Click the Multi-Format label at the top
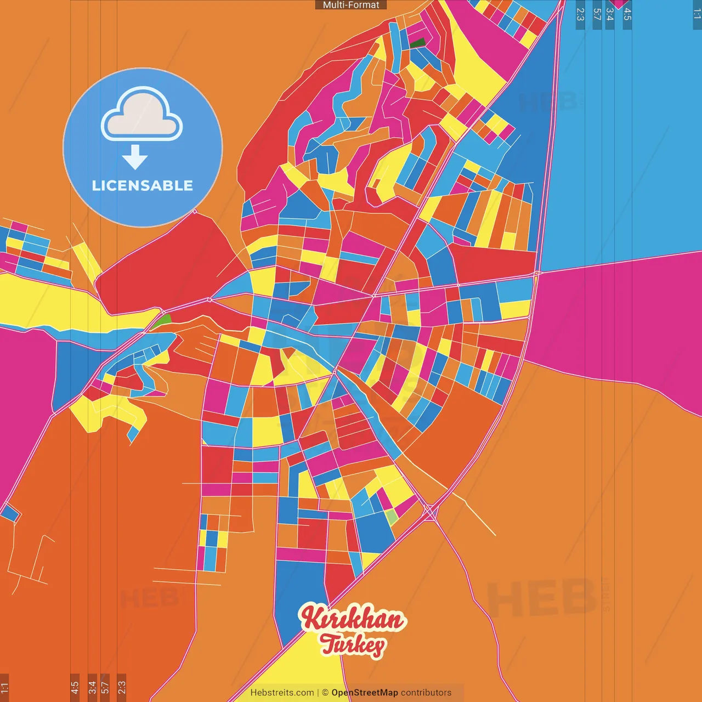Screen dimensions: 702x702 351,5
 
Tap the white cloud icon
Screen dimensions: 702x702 142,114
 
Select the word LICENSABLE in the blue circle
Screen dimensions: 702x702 142,186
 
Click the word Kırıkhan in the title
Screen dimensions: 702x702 353,619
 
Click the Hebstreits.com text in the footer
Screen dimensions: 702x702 282,693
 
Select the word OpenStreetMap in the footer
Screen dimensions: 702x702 365,693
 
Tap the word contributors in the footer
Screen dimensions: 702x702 426,693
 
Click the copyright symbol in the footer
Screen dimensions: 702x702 325,693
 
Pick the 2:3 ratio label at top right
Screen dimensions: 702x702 580,14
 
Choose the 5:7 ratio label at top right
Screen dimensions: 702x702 597,14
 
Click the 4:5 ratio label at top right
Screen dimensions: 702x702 627,14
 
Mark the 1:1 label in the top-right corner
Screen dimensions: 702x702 697,14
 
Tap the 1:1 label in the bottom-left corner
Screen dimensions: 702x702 4,687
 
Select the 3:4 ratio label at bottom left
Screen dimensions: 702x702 92,687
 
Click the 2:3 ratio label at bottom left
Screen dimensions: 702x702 121,687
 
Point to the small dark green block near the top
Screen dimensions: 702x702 418,42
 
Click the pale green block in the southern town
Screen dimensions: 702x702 392,517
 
